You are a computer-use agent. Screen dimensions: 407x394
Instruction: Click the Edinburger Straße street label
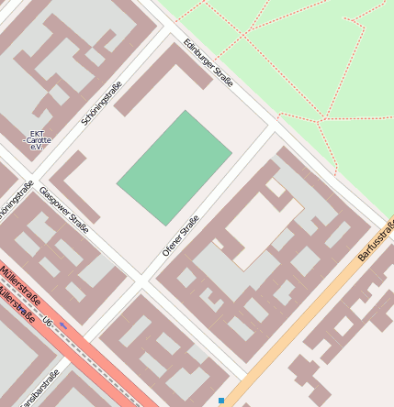tap(208, 63)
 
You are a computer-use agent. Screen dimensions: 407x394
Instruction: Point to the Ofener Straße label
tap(180, 235)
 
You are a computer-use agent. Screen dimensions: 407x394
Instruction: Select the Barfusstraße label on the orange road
tap(375, 239)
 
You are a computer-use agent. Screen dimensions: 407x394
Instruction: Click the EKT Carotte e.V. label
tap(38, 140)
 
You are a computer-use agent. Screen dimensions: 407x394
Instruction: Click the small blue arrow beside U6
tap(63, 325)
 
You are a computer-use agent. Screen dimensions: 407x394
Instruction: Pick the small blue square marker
tap(221, 401)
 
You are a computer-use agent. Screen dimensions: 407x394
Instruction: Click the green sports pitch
tap(174, 168)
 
